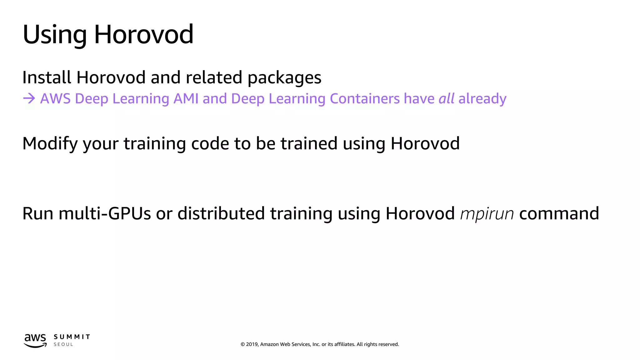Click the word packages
tap(284, 78)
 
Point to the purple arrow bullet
tap(29, 99)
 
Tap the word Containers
tap(365, 99)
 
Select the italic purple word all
tap(447, 99)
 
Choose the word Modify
tap(50, 144)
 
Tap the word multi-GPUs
tap(105, 214)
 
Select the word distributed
tap(221, 214)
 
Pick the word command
tap(559, 214)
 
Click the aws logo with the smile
tap(35, 340)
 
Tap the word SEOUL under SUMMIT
tap(63, 344)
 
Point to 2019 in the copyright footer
tap(252, 344)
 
